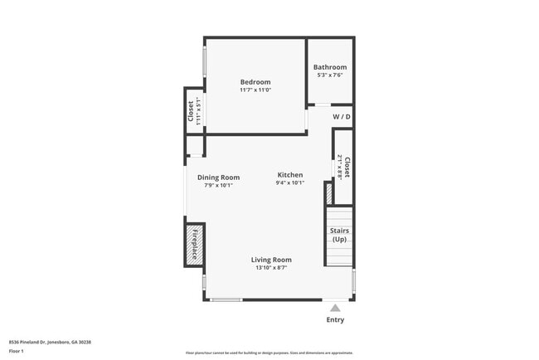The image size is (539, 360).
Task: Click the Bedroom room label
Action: (255, 82)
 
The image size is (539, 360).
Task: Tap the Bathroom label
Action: (330, 67)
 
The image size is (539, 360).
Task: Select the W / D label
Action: (342, 118)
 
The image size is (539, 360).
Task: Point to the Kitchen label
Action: (290, 175)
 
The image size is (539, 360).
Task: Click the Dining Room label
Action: (219, 178)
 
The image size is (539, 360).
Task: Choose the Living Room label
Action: (271, 260)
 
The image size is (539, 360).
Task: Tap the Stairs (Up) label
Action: (339, 235)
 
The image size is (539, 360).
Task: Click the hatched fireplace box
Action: (194, 245)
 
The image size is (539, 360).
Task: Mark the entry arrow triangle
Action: (335, 307)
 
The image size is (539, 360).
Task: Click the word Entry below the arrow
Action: (335, 320)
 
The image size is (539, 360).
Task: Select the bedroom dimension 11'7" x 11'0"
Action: (255, 90)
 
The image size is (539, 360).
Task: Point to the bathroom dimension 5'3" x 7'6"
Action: (330, 75)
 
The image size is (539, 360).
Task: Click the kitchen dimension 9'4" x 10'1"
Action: (290, 182)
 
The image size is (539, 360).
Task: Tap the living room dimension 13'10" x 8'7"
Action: (271, 267)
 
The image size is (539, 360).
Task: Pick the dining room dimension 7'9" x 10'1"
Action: (219, 185)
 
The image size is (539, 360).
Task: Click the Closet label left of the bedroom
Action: (191, 110)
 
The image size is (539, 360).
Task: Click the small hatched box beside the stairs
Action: (328, 194)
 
